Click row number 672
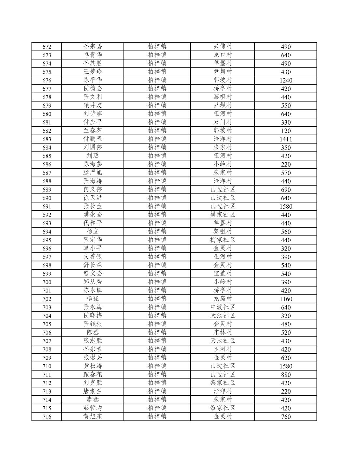(x=47, y=47)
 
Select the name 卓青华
(x=93, y=55)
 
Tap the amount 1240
(x=286, y=80)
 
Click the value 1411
(x=286, y=139)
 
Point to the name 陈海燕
(x=93, y=164)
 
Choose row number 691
(x=47, y=206)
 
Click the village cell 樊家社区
(x=223, y=215)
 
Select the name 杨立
(x=93, y=232)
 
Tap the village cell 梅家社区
(x=223, y=240)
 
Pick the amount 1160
(x=286, y=299)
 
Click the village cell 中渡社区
(x=223, y=307)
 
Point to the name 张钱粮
(x=93, y=324)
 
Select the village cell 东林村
(x=223, y=332)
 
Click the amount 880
(x=286, y=375)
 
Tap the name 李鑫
(x=93, y=399)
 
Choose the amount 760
(x=286, y=417)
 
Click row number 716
(x=47, y=417)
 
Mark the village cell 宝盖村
(x=223, y=274)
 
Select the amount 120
(x=286, y=131)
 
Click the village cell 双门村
(x=223, y=122)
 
